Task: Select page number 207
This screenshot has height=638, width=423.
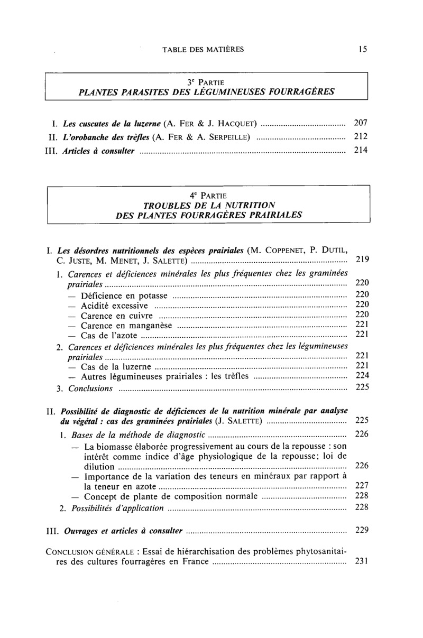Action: click(x=361, y=123)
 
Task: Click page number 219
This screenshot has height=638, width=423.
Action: click(x=362, y=260)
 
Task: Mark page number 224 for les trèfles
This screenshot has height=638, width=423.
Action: click(x=362, y=376)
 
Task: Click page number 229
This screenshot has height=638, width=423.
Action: click(x=362, y=530)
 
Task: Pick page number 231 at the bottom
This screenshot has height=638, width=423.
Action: click(x=362, y=562)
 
